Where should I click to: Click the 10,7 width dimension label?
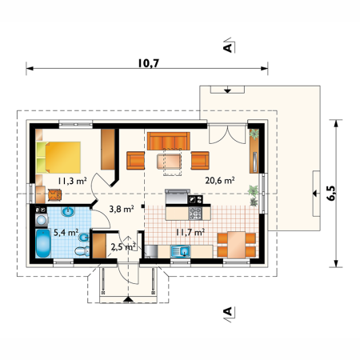[x=149, y=63]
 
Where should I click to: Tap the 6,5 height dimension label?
[x=331, y=193]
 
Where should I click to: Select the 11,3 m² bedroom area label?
[x=72, y=181]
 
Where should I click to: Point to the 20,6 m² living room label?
[x=220, y=181]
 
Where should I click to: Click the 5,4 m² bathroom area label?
[x=66, y=232]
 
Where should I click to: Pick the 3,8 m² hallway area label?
[x=122, y=209]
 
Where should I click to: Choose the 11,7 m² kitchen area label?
[x=190, y=232]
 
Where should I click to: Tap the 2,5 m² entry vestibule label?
[x=123, y=246]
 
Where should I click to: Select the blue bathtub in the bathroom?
[x=43, y=243]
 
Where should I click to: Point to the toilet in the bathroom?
[x=82, y=251]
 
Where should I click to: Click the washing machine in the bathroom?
[x=42, y=220]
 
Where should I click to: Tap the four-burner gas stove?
[x=195, y=214]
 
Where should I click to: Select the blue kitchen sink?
[x=181, y=251]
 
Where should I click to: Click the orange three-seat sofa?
[x=169, y=141]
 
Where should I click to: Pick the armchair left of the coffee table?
[x=136, y=161]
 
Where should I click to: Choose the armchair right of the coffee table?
[x=200, y=161]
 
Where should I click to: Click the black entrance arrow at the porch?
[x=128, y=299]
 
